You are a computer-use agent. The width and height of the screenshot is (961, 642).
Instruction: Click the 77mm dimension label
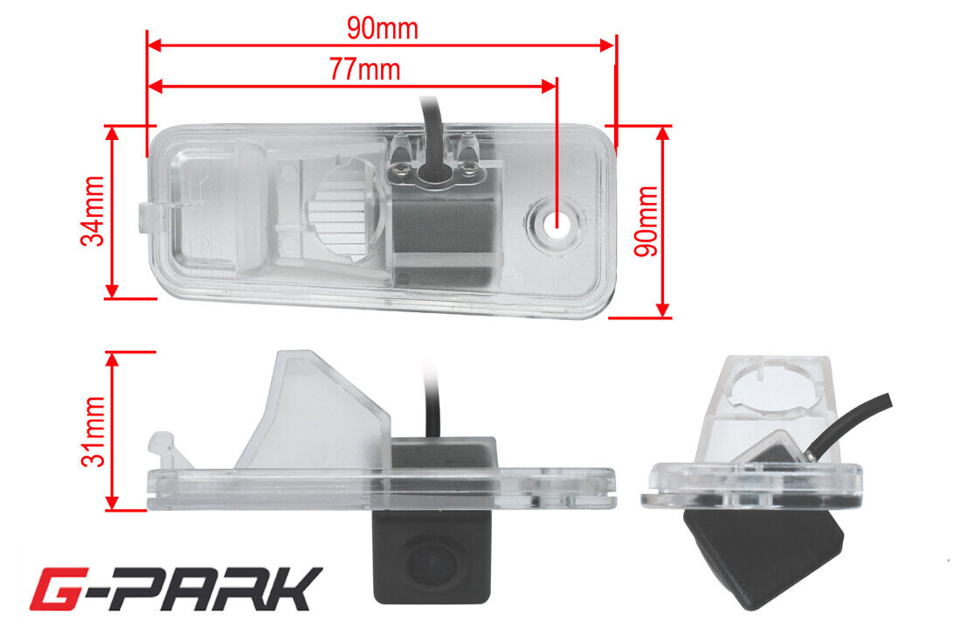tap(365, 69)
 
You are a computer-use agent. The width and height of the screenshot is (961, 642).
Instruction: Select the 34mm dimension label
tap(93, 211)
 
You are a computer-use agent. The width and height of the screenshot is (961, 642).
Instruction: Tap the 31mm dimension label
tap(93, 431)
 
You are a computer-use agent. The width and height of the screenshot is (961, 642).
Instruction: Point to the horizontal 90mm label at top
tap(383, 28)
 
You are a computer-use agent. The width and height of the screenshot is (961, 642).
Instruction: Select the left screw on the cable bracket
tap(404, 167)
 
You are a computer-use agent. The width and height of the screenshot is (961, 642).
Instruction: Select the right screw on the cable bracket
tap(469, 167)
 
